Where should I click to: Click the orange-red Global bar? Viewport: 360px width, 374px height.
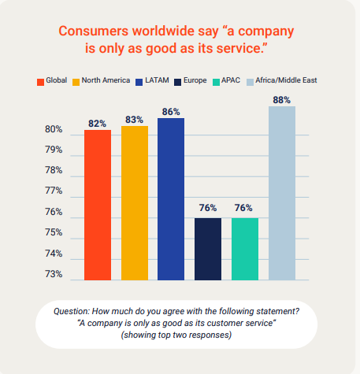98,205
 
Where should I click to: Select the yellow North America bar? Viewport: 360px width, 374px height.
134,202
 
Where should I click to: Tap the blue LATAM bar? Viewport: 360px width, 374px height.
171,198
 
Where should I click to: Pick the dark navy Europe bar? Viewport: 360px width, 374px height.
208,248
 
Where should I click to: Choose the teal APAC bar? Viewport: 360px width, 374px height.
245,248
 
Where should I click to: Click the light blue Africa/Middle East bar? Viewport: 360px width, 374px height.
282,193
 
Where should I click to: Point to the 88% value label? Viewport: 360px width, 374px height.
282,100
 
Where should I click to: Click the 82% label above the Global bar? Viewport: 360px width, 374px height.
98,124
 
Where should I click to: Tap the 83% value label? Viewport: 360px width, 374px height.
134,120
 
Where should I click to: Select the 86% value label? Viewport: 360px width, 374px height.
171,113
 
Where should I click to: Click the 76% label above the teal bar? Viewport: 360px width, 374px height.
245,209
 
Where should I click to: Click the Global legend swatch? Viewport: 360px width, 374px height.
40,81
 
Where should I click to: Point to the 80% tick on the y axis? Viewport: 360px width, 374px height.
54,129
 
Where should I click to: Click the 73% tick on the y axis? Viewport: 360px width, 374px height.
54,274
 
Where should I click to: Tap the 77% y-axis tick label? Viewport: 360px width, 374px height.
54,191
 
